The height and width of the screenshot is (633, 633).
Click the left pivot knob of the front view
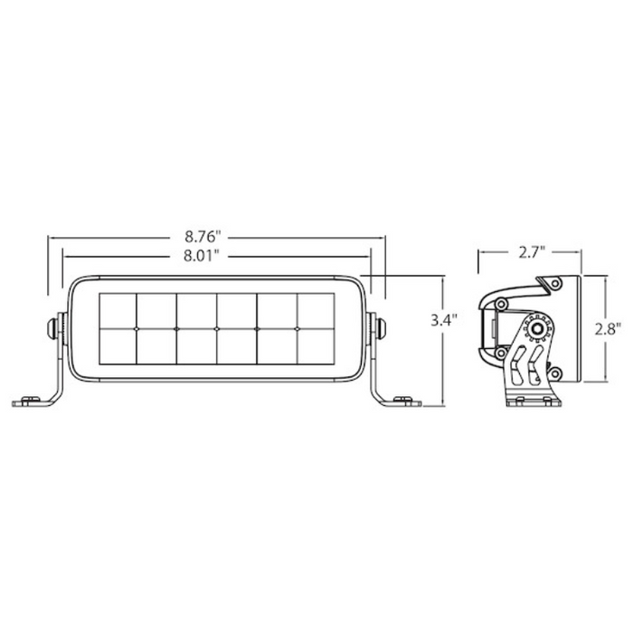(x=56, y=326)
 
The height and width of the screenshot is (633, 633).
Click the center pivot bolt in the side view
(x=539, y=328)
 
